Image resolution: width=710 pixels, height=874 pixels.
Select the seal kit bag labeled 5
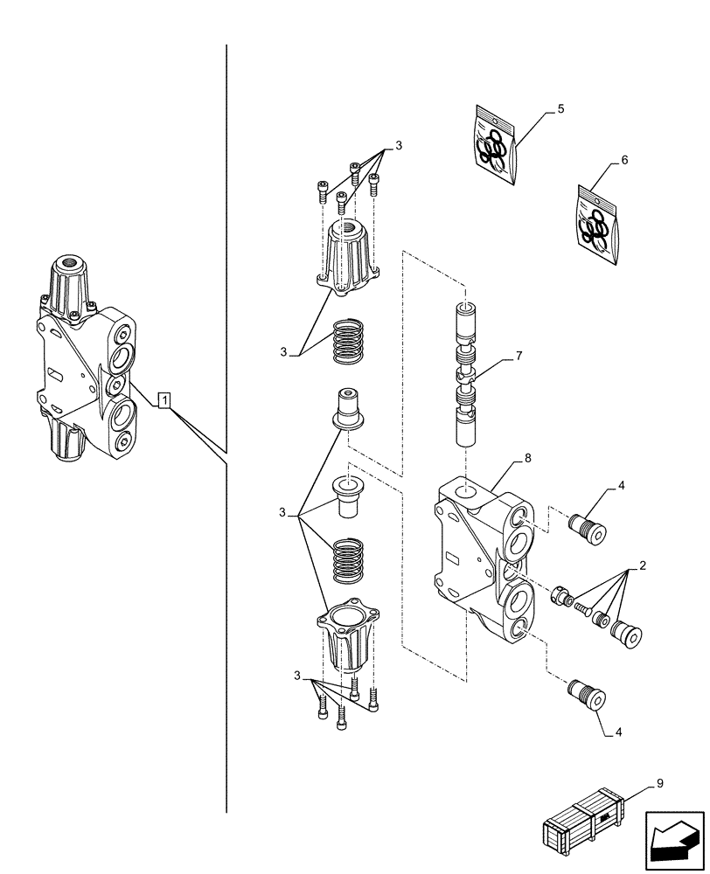497,145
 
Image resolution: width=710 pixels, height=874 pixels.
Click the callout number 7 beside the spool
519,357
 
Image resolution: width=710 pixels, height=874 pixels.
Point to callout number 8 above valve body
527,458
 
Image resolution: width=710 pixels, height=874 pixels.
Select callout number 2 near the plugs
643,565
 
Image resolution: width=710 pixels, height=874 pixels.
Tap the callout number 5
560,109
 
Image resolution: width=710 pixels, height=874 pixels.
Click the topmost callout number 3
398,146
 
